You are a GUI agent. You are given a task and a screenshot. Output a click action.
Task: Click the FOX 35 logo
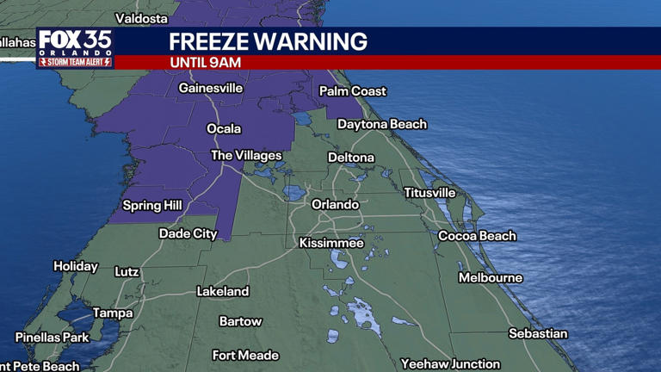click(x=74, y=48)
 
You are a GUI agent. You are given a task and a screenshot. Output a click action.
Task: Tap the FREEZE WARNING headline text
click(x=268, y=41)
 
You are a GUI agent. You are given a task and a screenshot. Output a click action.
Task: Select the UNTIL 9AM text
click(x=205, y=63)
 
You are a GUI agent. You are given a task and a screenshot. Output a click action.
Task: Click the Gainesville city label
click(x=211, y=88)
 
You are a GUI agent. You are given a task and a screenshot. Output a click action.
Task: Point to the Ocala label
click(x=224, y=128)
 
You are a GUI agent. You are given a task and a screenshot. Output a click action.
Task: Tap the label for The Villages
click(x=246, y=155)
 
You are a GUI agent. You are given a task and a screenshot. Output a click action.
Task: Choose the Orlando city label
click(x=335, y=204)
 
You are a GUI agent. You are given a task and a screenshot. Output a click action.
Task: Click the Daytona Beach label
click(x=381, y=124)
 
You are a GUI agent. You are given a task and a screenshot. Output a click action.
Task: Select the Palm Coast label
click(x=353, y=90)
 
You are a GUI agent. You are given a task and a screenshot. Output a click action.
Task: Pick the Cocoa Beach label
click(x=477, y=235)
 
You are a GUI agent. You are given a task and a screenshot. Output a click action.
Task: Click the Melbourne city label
click(x=490, y=277)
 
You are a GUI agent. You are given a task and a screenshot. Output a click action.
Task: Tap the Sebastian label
click(x=538, y=333)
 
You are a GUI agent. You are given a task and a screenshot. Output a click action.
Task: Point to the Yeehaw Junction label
click(x=450, y=363)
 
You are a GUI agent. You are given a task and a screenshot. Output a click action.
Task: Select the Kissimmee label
click(x=331, y=243)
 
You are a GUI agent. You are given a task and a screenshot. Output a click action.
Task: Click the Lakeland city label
click(x=223, y=291)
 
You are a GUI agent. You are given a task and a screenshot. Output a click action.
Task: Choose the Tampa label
click(x=113, y=313)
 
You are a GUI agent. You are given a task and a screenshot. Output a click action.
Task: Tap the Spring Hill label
click(x=154, y=205)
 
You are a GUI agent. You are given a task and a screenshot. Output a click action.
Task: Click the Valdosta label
click(x=141, y=17)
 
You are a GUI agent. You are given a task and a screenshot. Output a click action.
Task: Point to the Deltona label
click(x=351, y=158)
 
